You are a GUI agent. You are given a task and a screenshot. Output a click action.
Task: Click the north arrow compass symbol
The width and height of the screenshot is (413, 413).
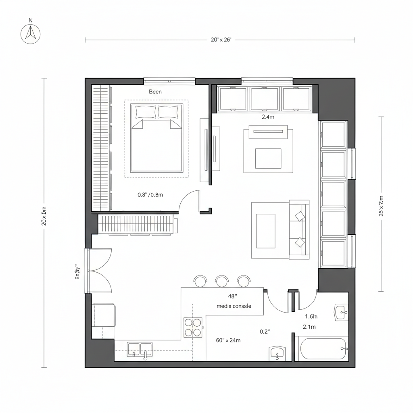pyautogui.click(x=31, y=33)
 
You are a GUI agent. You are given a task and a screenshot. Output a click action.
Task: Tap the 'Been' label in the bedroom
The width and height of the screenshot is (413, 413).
pyautogui.click(x=155, y=92)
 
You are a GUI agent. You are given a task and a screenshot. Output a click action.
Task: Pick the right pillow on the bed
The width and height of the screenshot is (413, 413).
pyautogui.click(x=168, y=111)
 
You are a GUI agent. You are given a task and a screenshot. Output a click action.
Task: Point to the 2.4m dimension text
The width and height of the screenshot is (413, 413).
pyautogui.click(x=268, y=117)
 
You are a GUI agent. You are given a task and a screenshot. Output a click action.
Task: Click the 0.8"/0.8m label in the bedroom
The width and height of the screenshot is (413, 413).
pyautogui.click(x=150, y=194)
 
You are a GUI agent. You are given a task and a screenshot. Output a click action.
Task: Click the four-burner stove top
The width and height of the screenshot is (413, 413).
pyautogui.click(x=193, y=327)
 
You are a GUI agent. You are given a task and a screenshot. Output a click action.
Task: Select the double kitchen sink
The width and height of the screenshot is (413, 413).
pyautogui.click(x=140, y=349)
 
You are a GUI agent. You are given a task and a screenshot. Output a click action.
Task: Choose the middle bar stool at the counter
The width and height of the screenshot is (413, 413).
pyautogui.click(x=222, y=281)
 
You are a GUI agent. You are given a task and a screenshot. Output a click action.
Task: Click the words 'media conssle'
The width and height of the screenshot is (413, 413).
pyautogui.click(x=234, y=306)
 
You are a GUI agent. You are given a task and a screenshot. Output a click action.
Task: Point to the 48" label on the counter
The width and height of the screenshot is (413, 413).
pyautogui.click(x=233, y=296)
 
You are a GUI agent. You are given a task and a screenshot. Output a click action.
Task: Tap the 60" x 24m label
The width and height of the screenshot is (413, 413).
pyautogui.click(x=228, y=340)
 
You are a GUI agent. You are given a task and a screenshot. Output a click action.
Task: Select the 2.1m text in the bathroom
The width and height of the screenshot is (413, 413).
pyautogui.click(x=309, y=327)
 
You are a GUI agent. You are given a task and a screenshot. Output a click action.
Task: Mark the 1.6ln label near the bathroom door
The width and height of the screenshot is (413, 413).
pyautogui.click(x=311, y=317)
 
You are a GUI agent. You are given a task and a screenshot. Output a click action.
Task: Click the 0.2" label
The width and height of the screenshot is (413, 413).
pyautogui.click(x=265, y=332)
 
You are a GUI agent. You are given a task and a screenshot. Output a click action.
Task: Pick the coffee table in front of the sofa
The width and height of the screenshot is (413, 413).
pyautogui.click(x=265, y=231)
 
